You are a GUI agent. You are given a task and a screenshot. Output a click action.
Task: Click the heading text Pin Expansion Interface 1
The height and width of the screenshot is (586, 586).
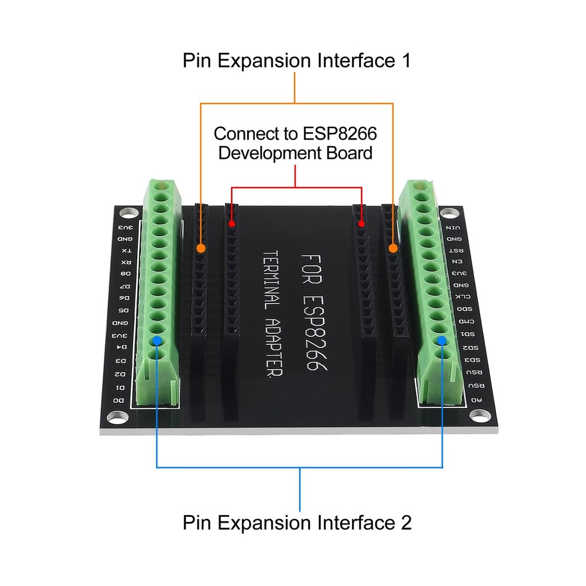[x=296, y=60]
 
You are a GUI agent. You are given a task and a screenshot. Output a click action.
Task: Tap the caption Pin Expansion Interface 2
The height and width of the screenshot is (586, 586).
[x=297, y=522]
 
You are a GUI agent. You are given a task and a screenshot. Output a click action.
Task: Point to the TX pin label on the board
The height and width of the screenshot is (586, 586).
[x=125, y=251]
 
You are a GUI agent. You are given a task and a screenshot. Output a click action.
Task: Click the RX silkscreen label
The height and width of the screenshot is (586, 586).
[x=124, y=262]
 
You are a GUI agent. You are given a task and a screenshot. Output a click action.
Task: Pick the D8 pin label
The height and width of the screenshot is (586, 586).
[x=124, y=274]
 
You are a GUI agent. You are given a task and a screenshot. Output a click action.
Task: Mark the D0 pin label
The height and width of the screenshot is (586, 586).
[x=119, y=400]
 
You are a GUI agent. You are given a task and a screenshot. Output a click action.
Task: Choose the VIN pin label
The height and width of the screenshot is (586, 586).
[x=452, y=227]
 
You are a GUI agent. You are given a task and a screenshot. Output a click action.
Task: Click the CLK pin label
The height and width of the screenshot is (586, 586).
[x=462, y=297]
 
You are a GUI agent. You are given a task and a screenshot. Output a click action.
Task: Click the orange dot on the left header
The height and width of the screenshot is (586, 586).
[x=201, y=248]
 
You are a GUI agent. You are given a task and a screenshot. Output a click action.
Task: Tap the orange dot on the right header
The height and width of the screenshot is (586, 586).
[x=393, y=249]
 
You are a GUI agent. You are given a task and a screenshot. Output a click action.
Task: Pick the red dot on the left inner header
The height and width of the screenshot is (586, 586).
[x=232, y=224]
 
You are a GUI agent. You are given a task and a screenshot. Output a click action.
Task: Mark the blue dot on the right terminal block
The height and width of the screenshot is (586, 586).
[x=441, y=340]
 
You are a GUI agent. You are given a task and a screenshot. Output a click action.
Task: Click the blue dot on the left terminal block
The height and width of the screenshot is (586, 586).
[x=156, y=340]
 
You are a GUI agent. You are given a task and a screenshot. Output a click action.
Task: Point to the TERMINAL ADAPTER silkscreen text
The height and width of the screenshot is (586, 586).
[x=271, y=314]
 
